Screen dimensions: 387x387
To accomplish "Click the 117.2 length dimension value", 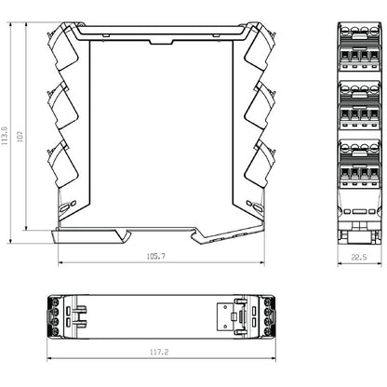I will (x=161, y=352).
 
